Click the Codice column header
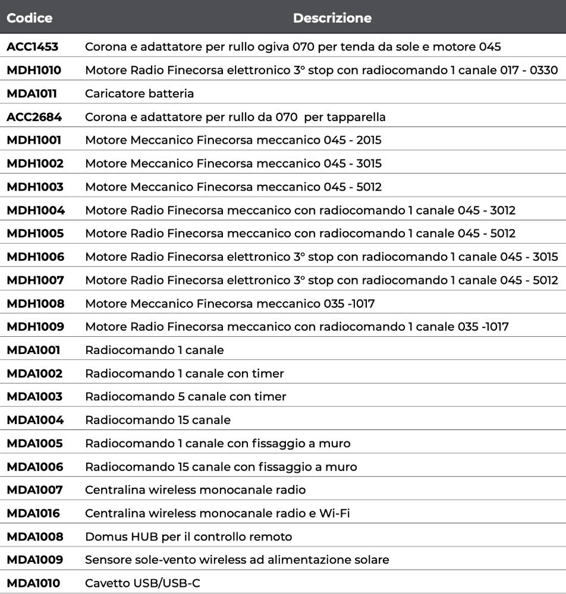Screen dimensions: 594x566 pos(29,18)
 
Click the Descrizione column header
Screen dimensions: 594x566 pos(332,18)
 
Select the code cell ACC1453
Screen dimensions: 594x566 pos(33,47)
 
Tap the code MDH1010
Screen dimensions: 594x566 pos(34,70)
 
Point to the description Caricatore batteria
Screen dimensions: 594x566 pos(139,94)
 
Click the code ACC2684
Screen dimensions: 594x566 pos(34,117)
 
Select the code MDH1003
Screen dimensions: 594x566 pos(34,187)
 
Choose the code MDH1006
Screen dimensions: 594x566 pos(35,257)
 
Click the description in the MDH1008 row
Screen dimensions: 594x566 pos(229,304)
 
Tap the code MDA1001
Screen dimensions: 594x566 pos(33,350)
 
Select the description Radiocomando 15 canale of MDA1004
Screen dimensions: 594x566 pos(158,420)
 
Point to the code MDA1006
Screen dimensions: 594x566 pos(34,467)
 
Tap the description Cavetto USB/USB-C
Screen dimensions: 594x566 pos(143,583)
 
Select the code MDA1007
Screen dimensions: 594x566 pos(34,490)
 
